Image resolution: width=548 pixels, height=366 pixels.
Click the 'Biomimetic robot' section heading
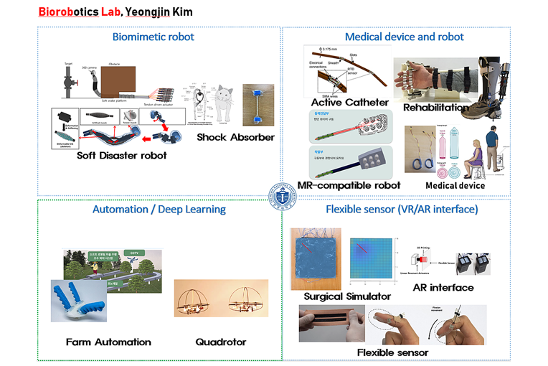point(159,37)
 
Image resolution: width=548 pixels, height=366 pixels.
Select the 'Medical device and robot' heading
point(404,37)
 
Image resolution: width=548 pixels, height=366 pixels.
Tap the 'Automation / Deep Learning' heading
point(159,210)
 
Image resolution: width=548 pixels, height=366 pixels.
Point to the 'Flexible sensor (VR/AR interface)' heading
point(402,210)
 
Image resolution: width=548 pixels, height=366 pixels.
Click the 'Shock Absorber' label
point(236,136)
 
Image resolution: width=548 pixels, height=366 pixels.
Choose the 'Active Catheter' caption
point(350,103)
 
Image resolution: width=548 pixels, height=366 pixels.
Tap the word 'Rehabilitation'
point(437,108)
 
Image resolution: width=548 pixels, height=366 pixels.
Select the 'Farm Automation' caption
point(108,342)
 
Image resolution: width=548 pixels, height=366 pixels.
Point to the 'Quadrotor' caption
point(221,342)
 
